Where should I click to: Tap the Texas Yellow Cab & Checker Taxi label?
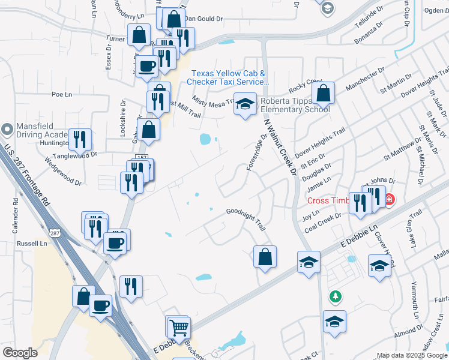pyautogui.click(x=228, y=77)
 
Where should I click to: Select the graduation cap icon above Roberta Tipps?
pyautogui.click(x=245, y=104)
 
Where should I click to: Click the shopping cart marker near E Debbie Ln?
pyautogui.click(x=179, y=328)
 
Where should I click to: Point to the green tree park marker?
pyautogui.click(x=335, y=296)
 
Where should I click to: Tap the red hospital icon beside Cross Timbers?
pyautogui.click(x=389, y=199)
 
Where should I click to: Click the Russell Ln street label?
pyautogui.click(x=32, y=244)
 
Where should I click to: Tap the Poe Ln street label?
pyautogui.click(x=61, y=94)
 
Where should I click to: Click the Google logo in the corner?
pyautogui.click(x=20, y=353)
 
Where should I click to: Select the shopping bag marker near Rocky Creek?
pyautogui.click(x=323, y=93)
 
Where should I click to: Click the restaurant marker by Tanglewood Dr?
pyautogui.click(x=80, y=140)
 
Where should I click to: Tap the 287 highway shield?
pyautogui.click(x=54, y=233)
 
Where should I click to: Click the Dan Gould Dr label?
pyautogui.click(x=203, y=19)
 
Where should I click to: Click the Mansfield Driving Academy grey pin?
pyautogui.click(x=7, y=129)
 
